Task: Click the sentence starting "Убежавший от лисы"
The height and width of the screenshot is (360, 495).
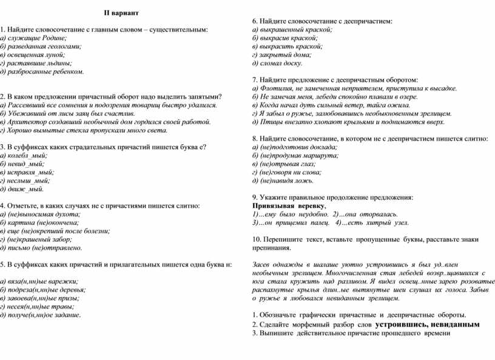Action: pos(67,113)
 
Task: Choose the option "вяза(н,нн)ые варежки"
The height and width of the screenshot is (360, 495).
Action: pos(40,281)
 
